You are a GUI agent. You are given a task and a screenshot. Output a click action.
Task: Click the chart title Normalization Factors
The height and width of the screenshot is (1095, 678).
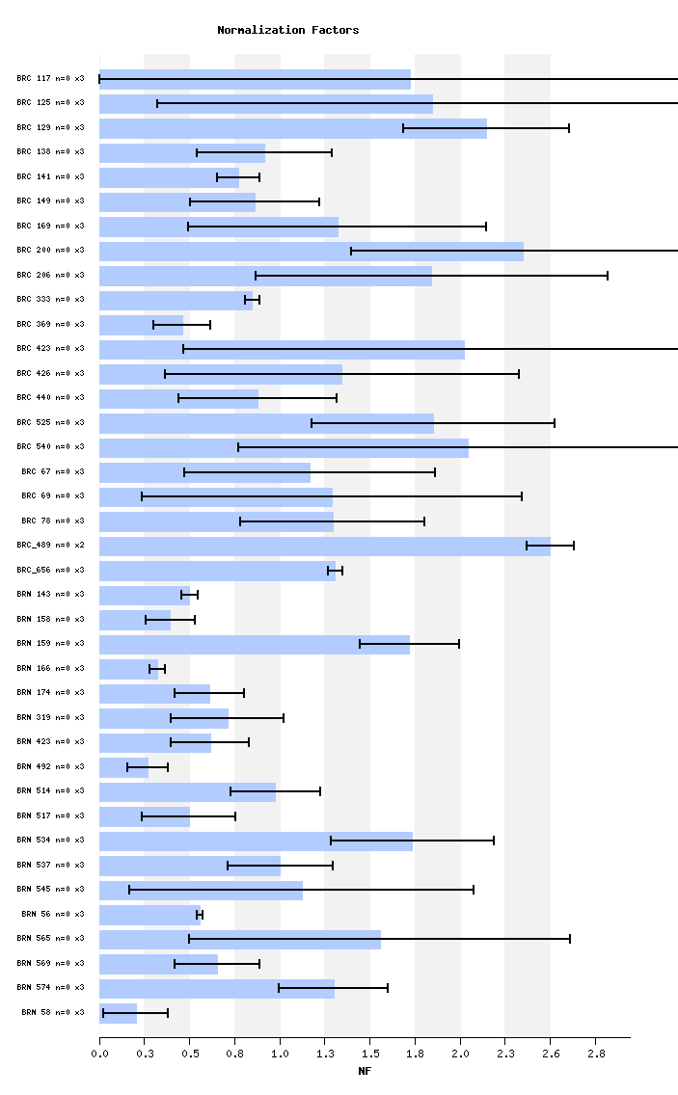pyautogui.click(x=287, y=30)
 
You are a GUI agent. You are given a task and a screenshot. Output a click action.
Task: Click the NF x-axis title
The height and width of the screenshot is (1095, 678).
pyautogui.click(x=365, y=1071)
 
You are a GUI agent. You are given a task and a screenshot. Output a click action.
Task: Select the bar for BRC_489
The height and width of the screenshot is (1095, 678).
pyautogui.click(x=325, y=546)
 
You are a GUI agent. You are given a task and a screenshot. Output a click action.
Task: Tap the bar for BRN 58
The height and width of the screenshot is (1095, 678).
pyautogui.click(x=119, y=1013)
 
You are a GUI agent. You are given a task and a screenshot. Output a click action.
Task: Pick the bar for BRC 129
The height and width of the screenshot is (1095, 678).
pyautogui.click(x=293, y=128)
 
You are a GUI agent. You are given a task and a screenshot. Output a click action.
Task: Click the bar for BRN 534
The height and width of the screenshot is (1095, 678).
pyautogui.click(x=256, y=841)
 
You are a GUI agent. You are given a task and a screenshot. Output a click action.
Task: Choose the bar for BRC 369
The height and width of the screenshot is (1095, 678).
pyautogui.click(x=142, y=325)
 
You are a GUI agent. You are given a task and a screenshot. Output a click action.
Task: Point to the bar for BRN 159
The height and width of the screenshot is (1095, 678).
pyautogui.click(x=255, y=644)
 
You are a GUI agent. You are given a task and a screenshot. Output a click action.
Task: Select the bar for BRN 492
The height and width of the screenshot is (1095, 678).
pyautogui.click(x=124, y=767)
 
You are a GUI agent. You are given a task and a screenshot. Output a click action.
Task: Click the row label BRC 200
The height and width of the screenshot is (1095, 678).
pyautogui.click(x=50, y=251)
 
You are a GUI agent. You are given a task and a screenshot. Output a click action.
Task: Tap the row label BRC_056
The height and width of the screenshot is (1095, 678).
pyautogui.click(x=50, y=570)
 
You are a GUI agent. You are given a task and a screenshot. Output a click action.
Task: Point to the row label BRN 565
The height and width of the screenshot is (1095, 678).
pyautogui.click(x=50, y=938)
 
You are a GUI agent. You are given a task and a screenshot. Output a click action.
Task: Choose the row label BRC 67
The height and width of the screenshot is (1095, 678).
pyautogui.click(x=52, y=471)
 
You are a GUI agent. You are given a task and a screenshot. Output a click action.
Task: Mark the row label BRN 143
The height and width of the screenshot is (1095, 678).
pyautogui.click(x=50, y=595)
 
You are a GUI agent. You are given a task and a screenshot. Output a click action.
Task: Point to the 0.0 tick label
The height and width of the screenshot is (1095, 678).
pyautogui.click(x=99, y=1054)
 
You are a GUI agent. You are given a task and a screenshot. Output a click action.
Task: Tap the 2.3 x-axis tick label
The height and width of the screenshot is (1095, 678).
pyautogui.click(x=505, y=1054)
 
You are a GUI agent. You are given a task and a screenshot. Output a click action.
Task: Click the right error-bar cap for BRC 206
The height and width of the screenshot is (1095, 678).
pyautogui.click(x=608, y=276)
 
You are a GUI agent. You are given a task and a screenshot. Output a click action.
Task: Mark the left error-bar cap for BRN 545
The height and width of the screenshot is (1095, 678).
pyautogui.click(x=129, y=890)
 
